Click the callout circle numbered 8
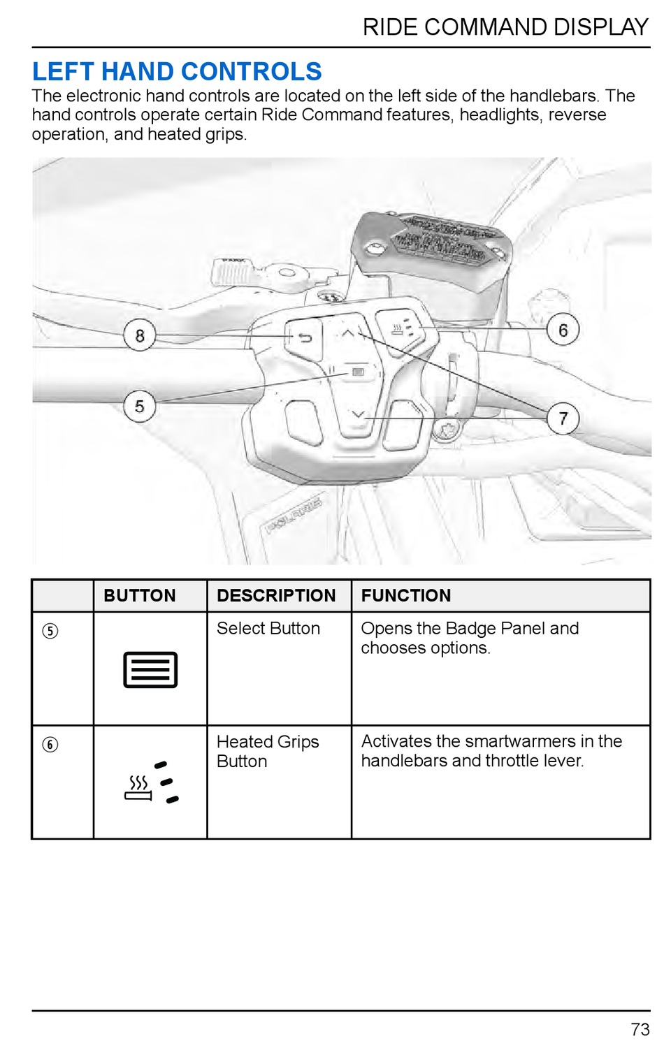coord(140,335)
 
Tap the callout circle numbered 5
coord(139,406)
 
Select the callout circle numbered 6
coord(563,330)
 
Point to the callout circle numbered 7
coord(563,418)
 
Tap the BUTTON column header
coord(140,596)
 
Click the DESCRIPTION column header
coord(276,596)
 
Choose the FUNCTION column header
coord(406,596)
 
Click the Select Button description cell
coord(268,629)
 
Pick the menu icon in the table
coord(150,670)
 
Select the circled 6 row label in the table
coord(50,745)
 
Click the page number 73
coord(640,1030)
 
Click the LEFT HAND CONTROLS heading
coord(177,71)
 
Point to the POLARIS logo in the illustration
coord(294,515)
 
